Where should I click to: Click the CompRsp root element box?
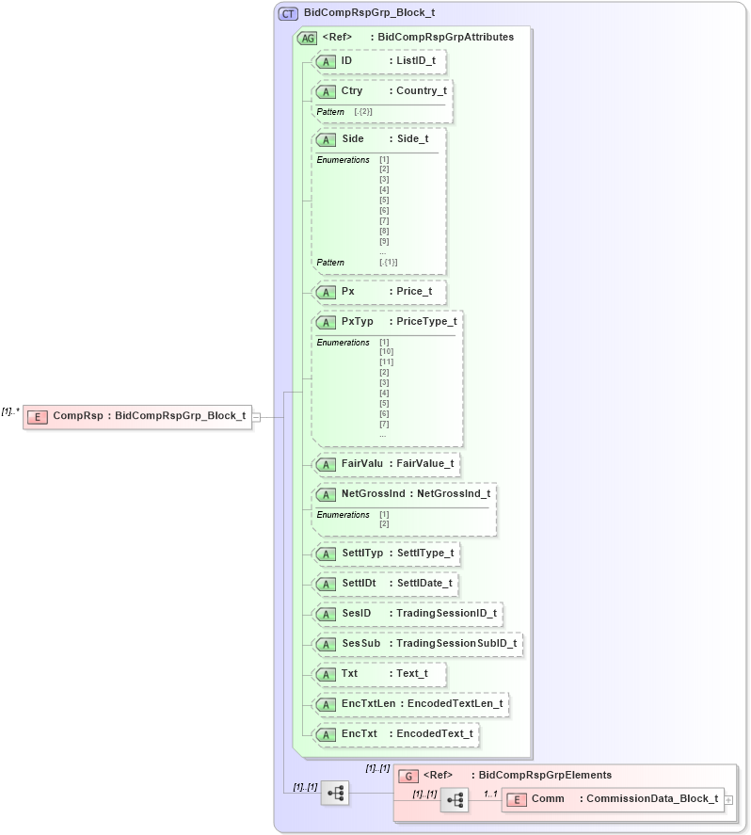tap(137, 416)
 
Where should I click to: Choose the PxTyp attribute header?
tap(387, 322)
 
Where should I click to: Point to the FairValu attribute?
tap(387, 464)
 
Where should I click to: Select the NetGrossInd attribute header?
tap(404, 493)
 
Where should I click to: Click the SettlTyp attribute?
tap(387, 554)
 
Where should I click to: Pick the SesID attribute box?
tap(407, 614)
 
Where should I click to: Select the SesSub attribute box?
tap(418, 644)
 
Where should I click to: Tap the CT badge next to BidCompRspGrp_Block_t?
tap(288, 14)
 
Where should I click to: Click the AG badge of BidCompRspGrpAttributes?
tap(307, 39)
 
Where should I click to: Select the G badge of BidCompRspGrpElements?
tap(408, 776)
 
